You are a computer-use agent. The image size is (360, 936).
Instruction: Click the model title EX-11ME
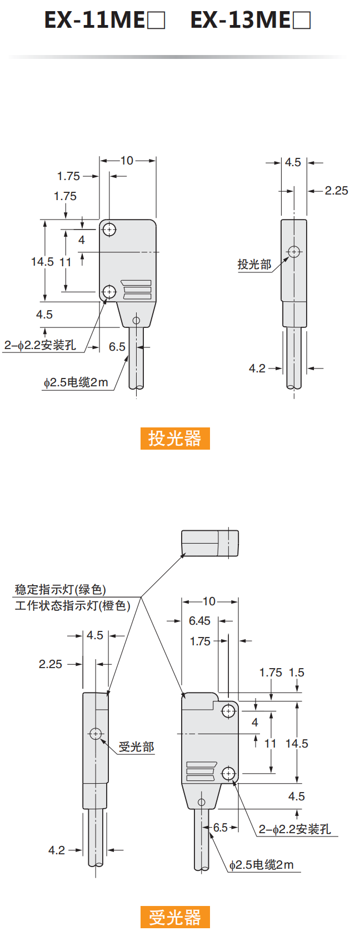point(105,19)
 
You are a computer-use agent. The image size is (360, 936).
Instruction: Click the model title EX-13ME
point(251,19)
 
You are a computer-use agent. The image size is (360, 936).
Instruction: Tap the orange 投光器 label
point(175,439)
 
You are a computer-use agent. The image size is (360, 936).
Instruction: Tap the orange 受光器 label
point(175,917)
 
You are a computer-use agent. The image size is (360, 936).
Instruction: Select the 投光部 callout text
point(254,265)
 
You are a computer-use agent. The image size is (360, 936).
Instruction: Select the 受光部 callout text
point(137,746)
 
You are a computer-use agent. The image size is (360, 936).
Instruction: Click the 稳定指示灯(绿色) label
point(61,590)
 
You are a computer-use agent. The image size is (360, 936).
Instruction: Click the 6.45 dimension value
point(199,621)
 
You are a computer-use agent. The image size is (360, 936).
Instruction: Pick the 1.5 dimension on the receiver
point(297,673)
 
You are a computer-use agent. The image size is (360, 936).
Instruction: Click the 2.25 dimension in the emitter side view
point(336,191)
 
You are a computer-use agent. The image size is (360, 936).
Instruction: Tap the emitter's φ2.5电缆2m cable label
point(76,382)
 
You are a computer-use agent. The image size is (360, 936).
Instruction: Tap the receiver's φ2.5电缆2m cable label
point(262,865)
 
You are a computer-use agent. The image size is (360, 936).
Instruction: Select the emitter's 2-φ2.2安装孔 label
point(40,345)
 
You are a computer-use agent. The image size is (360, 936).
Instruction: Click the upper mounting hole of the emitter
point(109,230)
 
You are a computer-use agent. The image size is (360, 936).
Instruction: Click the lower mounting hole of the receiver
point(228,774)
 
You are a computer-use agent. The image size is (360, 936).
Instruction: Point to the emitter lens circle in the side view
point(294,252)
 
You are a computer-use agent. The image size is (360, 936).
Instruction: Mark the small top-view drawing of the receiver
point(210,543)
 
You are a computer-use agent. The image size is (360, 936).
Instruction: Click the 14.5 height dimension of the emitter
point(42,262)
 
